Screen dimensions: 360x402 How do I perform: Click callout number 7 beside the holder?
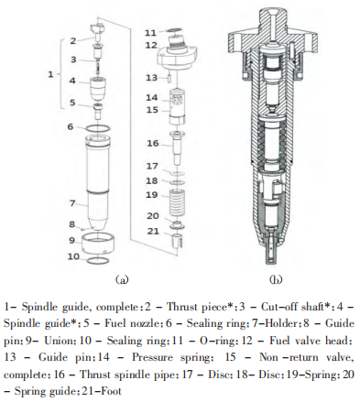tap(72, 203)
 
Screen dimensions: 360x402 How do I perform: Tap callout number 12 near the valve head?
tap(151, 45)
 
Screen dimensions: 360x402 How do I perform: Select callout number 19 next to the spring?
tap(152, 195)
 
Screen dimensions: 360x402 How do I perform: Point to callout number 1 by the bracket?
tap(50, 74)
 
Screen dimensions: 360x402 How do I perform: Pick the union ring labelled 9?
tap(97, 244)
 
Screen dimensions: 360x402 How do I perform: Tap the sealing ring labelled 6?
tap(97, 128)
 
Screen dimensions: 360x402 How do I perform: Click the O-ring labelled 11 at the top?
tap(175, 30)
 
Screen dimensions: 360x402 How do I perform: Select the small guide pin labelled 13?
tap(169, 78)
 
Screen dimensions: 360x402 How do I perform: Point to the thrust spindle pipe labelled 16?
tap(177, 148)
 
